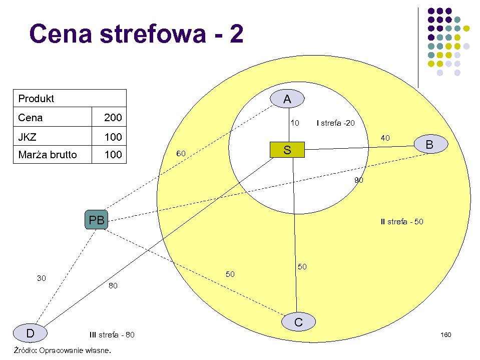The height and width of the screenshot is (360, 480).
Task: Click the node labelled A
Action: coord(287,99)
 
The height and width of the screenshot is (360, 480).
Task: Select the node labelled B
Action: coord(429,145)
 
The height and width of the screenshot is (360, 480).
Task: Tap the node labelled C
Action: coord(298,322)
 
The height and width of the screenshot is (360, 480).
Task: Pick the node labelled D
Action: coord(30,333)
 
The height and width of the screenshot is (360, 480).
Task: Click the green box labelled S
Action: coord(287,150)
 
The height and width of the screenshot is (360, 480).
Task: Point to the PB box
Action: coord(96,220)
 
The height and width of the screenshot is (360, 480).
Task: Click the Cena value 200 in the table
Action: coord(113,118)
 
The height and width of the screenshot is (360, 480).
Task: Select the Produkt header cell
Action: coord(36,99)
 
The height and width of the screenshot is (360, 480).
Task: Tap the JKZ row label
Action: coord(28,137)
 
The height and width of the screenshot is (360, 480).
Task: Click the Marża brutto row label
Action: coord(48,155)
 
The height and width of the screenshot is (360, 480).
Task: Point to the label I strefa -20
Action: coord(336,123)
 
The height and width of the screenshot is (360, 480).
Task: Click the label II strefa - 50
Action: coord(402,221)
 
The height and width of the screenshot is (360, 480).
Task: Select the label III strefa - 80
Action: coord(112,334)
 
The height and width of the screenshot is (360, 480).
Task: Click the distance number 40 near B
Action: coord(385,138)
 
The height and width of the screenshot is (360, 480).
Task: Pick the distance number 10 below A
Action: coord(295,123)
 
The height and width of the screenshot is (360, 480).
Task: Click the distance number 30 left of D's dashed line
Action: coord(42,278)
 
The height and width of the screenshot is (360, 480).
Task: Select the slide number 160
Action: coord(446,334)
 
